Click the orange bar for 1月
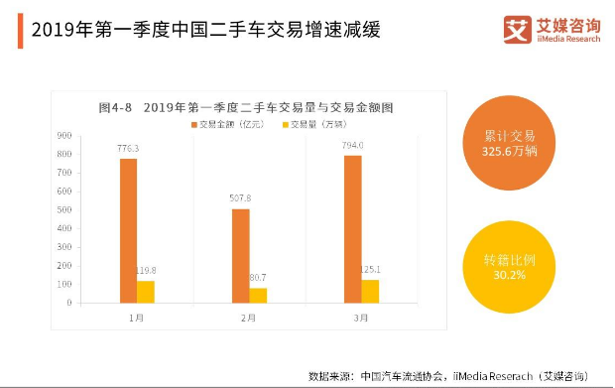[x=128, y=230]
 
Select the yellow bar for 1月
[x=146, y=292]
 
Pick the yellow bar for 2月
[x=258, y=295]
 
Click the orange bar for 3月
[x=353, y=228]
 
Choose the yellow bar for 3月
[x=370, y=291]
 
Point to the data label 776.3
[x=128, y=149]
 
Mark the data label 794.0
[x=353, y=145]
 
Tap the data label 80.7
[x=258, y=277]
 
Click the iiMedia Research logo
[x=552, y=29]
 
